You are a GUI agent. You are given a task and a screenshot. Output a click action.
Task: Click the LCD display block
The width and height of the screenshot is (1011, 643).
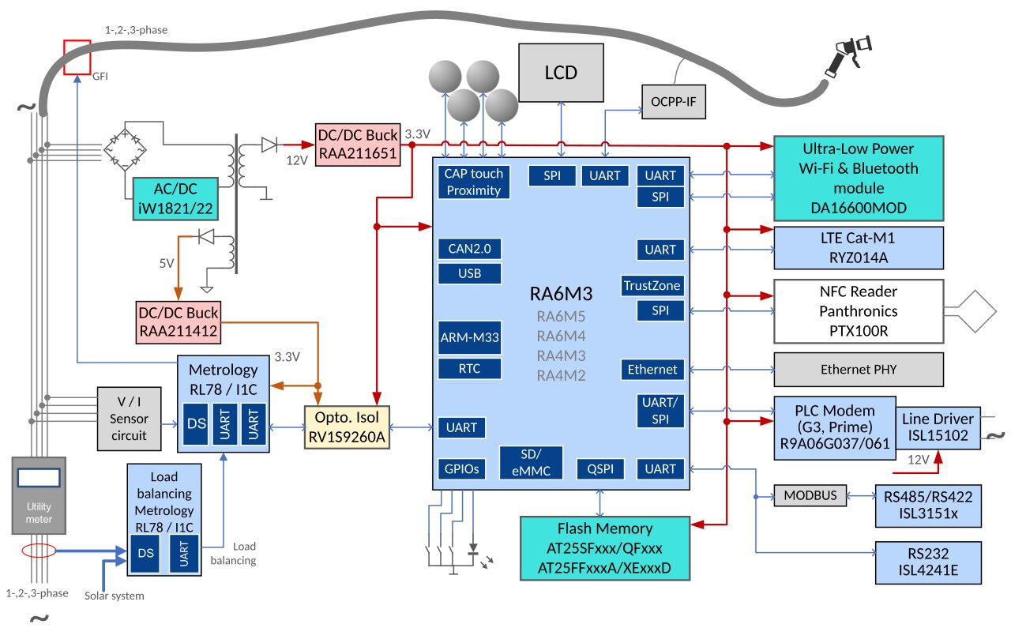point(561,73)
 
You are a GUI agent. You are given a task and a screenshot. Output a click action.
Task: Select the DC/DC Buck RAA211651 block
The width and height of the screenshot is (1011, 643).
point(358,145)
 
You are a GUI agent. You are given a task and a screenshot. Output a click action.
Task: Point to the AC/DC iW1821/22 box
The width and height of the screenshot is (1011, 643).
point(174,198)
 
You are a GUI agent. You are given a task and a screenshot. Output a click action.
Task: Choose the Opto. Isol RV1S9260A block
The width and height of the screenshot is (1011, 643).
point(348,427)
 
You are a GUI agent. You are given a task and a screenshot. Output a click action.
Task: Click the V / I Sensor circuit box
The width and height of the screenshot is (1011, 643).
point(129,419)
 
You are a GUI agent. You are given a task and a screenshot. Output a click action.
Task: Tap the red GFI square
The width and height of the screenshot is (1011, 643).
point(77,57)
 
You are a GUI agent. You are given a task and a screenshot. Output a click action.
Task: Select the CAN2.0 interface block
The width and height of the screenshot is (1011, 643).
point(471,249)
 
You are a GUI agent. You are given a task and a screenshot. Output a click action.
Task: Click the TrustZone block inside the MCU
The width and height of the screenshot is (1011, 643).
point(652,285)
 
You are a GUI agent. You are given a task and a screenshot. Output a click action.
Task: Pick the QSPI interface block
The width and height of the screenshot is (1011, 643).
point(600,468)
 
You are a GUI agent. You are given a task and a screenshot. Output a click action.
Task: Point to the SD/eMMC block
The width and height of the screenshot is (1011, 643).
point(531,462)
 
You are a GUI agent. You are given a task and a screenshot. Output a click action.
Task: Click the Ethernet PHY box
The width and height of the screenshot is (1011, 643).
point(859,369)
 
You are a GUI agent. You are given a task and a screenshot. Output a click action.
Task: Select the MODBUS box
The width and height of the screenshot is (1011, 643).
point(809,496)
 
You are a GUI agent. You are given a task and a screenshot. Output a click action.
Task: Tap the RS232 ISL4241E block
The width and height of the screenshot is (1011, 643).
point(927,562)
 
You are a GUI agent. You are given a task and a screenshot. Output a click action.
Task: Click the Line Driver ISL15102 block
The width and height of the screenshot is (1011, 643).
point(938,427)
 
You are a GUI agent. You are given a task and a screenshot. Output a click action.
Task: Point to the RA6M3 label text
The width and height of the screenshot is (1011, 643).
point(561,294)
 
